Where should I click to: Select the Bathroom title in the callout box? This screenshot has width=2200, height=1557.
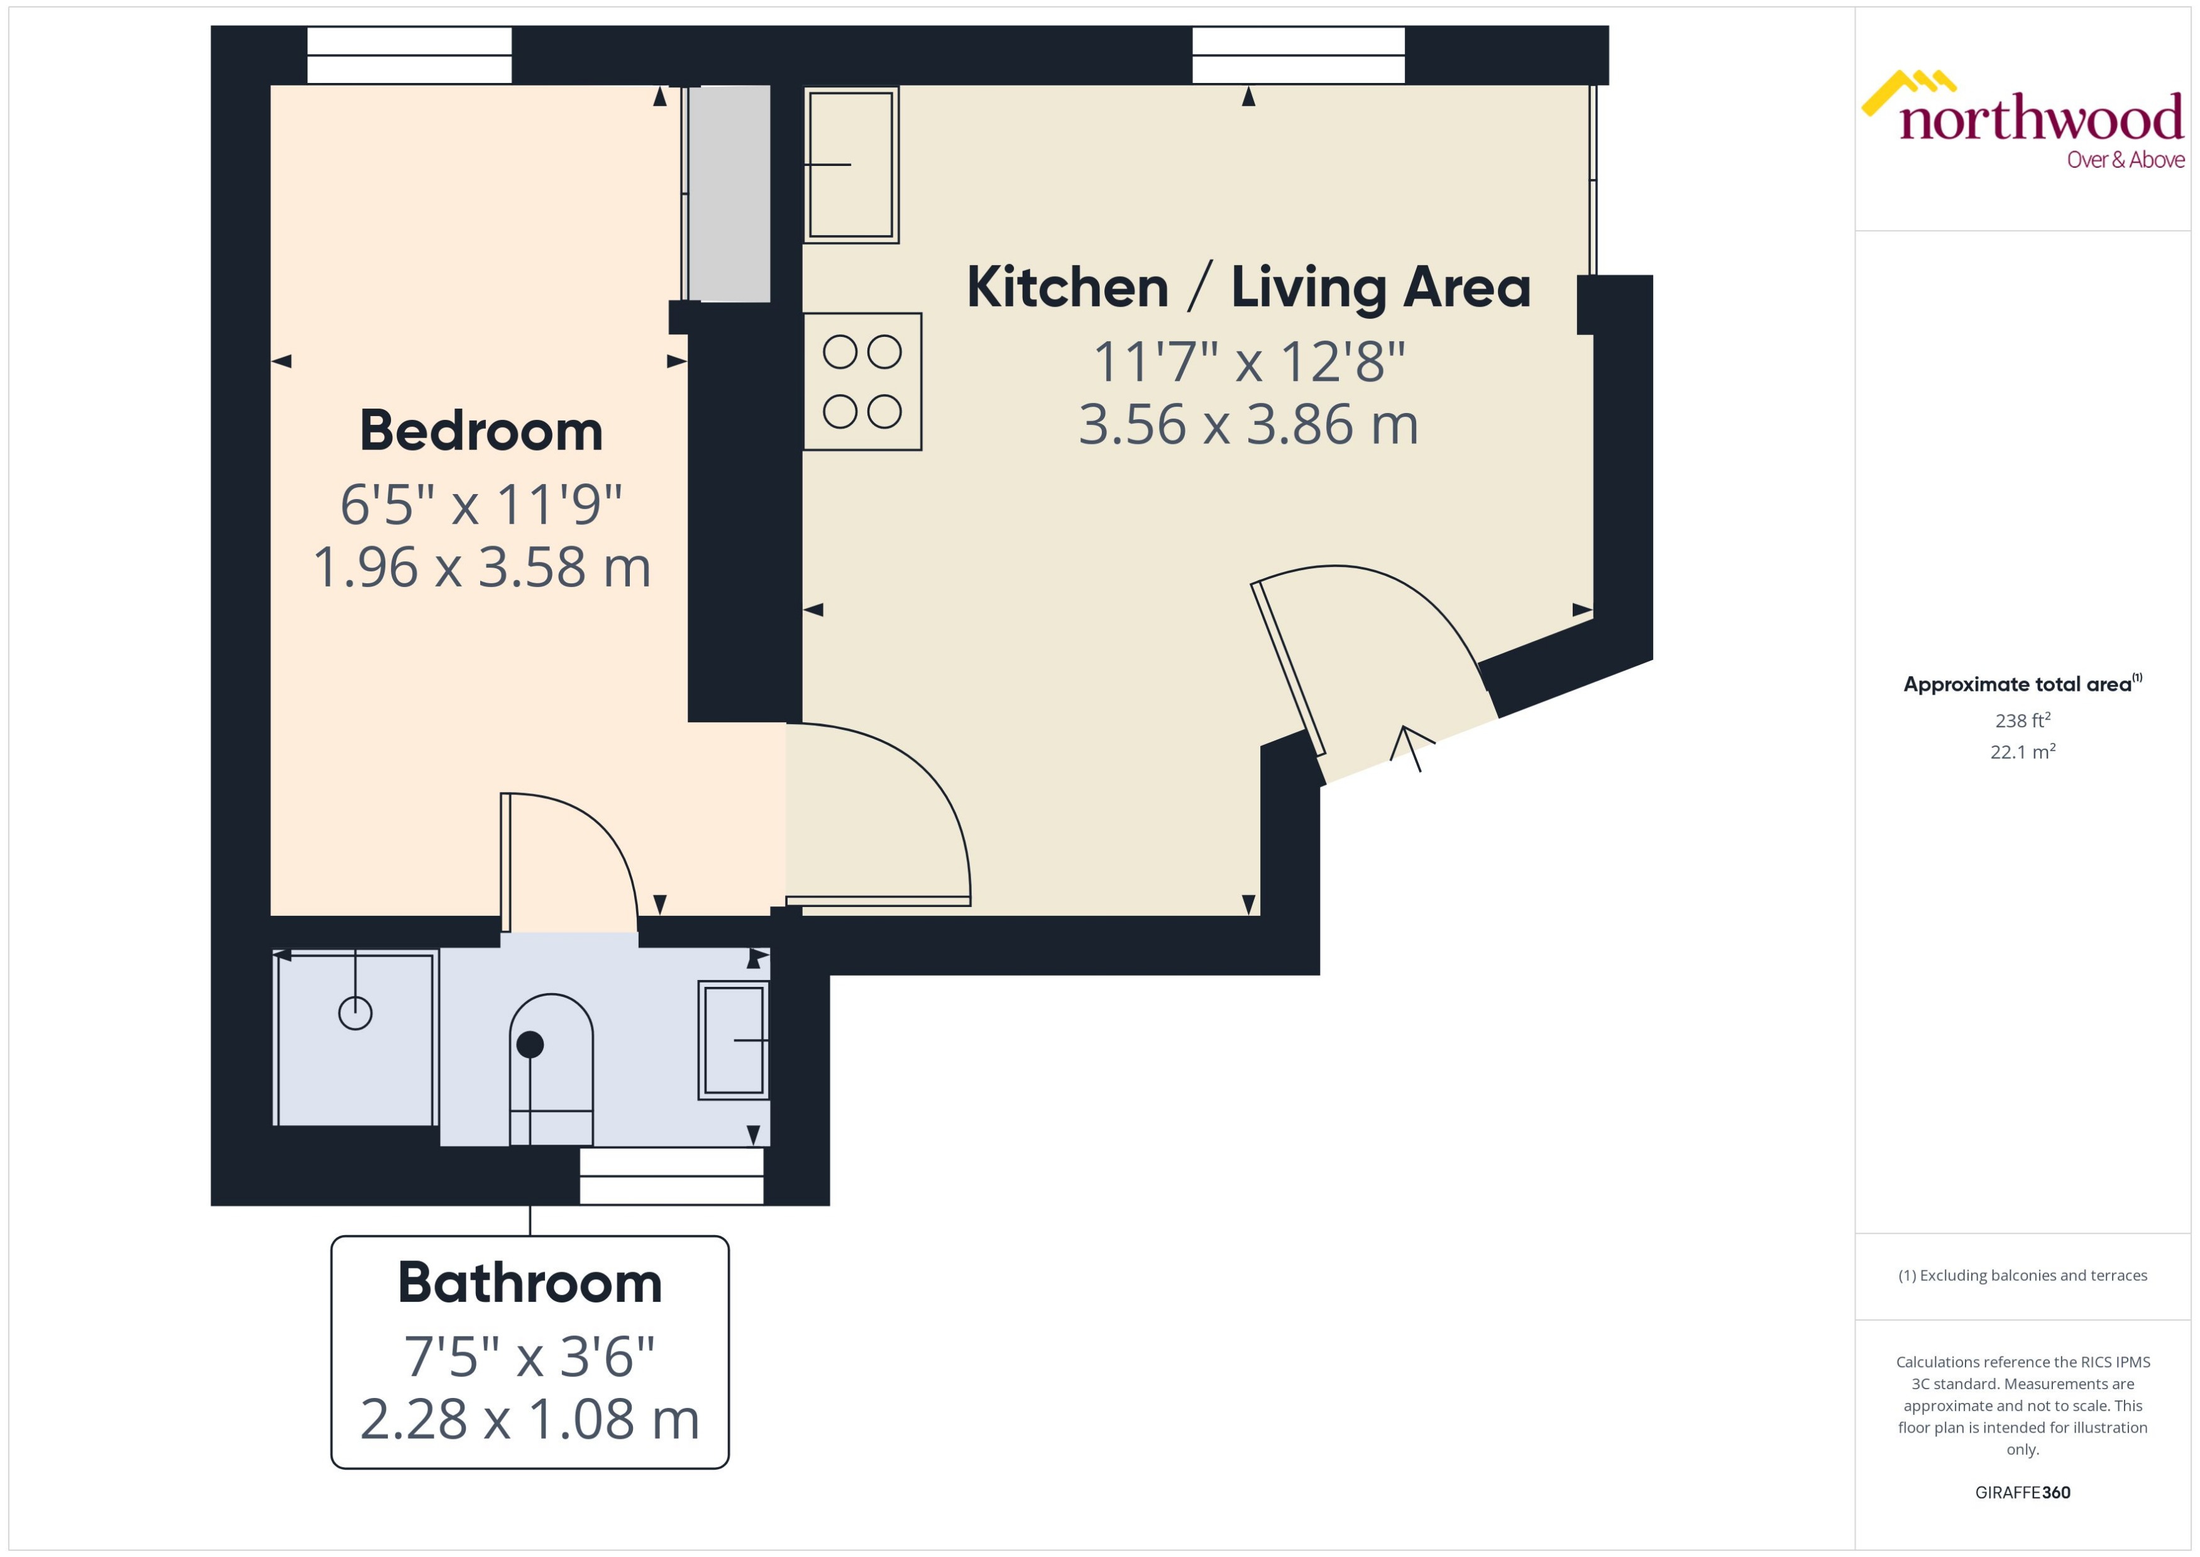(x=529, y=1283)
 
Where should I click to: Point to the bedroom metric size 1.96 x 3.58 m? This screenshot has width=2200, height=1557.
(x=481, y=566)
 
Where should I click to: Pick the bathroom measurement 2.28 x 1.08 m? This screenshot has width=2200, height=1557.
(x=529, y=1419)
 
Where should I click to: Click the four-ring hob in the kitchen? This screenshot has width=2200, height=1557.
(x=862, y=382)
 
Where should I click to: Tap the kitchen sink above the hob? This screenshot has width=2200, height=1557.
(x=850, y=165)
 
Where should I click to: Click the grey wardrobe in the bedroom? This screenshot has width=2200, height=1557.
(x=729, y=194)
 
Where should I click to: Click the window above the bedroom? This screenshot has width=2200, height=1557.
(x=409, y=55)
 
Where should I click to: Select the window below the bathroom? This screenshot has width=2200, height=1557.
(x=671, y=1175)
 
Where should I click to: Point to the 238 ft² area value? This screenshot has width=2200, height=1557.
(x=2023, y=720)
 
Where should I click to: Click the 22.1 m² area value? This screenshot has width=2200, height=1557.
(x=2023, y=752)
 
